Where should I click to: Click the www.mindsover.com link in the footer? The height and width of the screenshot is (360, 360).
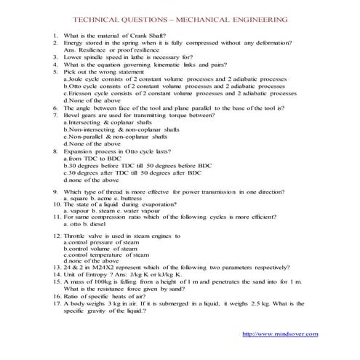[279, 334]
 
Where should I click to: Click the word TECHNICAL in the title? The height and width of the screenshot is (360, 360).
[112, 20]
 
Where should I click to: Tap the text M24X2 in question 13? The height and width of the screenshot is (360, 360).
[103, 268]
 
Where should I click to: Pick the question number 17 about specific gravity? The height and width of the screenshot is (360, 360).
[55, 303]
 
